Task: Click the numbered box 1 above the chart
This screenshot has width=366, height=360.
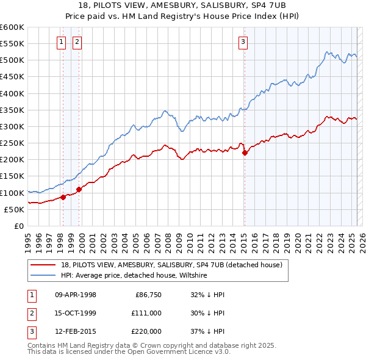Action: tap(62, 42)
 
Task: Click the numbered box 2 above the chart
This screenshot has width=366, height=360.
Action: tap(77, 42)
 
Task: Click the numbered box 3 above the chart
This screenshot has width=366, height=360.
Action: tap(243, 42)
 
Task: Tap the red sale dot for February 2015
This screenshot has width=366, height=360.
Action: tap(245, 153)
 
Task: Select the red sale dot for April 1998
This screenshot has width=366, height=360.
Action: tap(63, 197)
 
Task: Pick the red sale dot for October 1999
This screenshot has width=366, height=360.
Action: tap(79, 189)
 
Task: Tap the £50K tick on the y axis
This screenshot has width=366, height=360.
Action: tap(15, 209)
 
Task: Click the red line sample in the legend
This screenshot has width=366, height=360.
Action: tap(43, 265)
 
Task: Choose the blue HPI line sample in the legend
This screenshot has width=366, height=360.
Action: tap(43, 276)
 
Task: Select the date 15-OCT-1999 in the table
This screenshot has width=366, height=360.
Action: tap(76, 313)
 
